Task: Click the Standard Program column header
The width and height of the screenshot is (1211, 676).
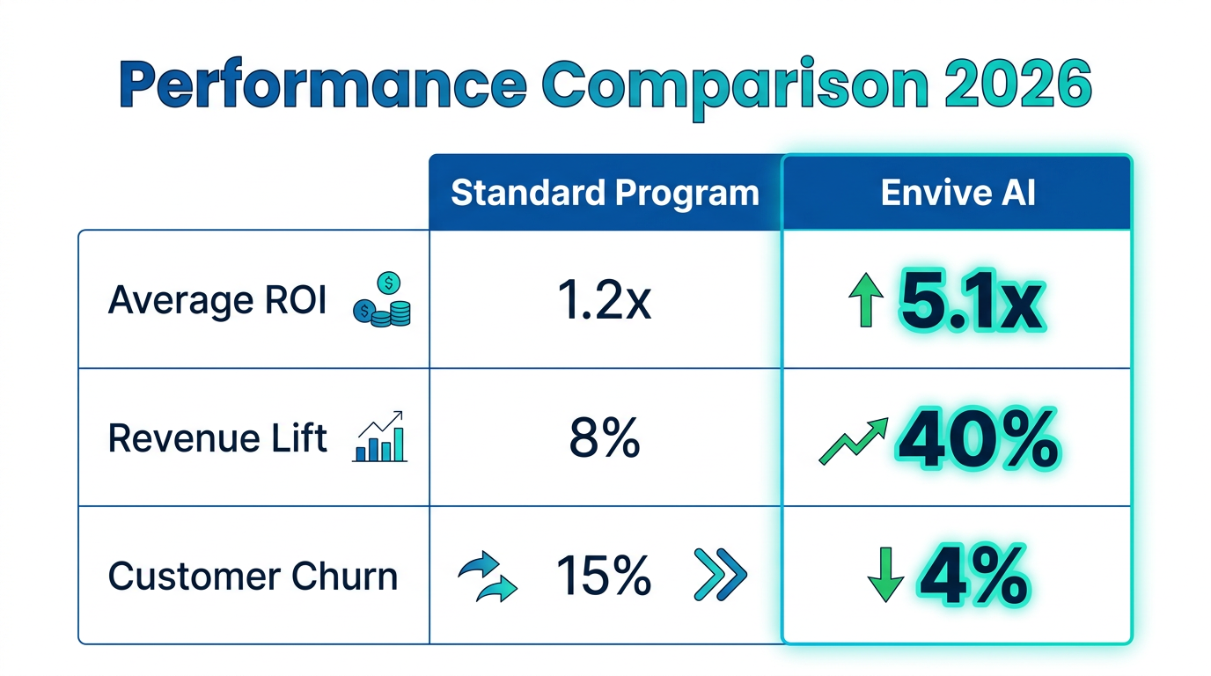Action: pos(605,193)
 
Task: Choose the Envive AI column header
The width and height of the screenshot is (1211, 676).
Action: pos(958,193)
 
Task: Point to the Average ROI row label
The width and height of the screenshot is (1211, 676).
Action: pos(217,301)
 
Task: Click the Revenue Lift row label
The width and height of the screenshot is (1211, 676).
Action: pos(217,438)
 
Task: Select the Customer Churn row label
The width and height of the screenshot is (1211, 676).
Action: pos(253,577)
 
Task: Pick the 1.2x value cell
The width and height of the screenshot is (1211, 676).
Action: pos(605,301)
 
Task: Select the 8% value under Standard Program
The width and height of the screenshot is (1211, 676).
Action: pos(605,438)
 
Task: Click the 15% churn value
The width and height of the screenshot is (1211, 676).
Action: pos(604,577)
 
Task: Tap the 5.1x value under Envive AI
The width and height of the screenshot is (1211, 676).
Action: pos(972,303)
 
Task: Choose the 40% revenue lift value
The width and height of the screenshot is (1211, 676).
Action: pos(977,439)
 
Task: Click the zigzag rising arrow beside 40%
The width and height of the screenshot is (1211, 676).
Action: pos(852,441)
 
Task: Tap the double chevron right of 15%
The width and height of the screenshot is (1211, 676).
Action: pos(720,576)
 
